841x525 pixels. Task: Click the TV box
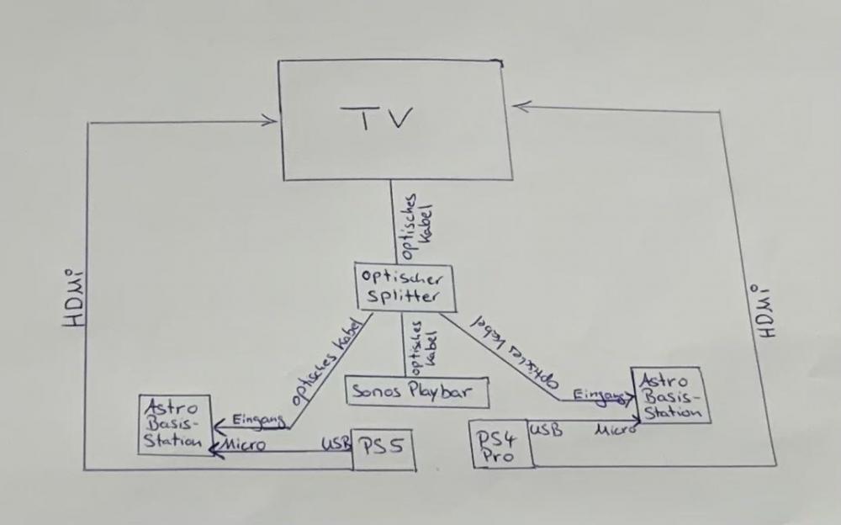click(x=390, y=119)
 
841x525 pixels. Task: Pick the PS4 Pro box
click(x=501, y=444)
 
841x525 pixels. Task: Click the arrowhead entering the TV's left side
click(x=271, y=120)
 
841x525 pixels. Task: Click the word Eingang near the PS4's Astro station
click(x=600, y=395)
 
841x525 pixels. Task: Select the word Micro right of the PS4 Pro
click(x=612, y=430)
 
